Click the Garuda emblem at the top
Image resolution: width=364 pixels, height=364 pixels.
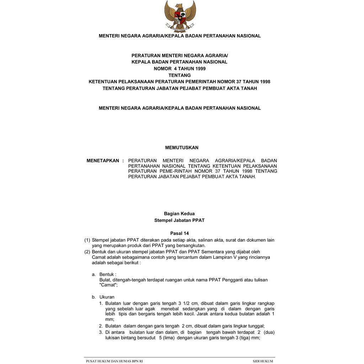click(180, 16)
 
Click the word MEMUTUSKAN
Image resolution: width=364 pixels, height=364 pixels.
click(182, 148)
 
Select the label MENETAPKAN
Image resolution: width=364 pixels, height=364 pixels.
click(103, 161)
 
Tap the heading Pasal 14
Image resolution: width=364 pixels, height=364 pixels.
click(180, 234)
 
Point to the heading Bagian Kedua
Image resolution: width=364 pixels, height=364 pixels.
click(179, 214)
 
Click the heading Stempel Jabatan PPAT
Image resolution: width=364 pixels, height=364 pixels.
click(179, 220)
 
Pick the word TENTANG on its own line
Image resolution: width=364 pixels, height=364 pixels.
click(180, 75)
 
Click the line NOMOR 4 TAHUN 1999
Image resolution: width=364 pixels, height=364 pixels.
click(180, 68)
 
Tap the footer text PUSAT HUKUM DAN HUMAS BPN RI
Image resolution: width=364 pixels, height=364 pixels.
click(114, 361)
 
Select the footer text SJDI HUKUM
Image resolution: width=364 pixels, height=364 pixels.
click(263, 361)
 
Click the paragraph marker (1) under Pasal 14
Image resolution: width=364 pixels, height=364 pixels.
click(87, 240)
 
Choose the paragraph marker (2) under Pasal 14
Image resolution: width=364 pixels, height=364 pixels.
click(87, 252)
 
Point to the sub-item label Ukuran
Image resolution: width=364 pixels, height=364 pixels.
click(107, 297)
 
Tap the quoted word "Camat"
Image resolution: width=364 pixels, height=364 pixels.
click(108, 285)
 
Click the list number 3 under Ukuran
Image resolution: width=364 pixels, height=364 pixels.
click(101, 332)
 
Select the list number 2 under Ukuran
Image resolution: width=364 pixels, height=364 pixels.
click(101, 326)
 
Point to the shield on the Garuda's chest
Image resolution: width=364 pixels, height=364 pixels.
click(180, 16)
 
